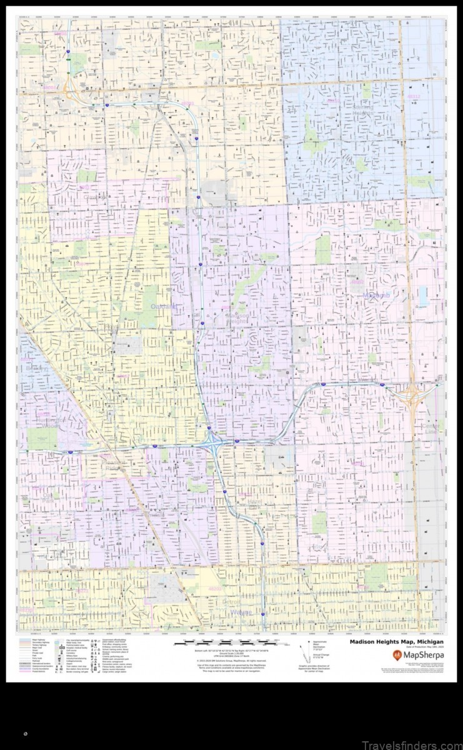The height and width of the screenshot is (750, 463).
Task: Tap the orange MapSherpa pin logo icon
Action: point(397,655)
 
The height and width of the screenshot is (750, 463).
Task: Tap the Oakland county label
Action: point(164,306)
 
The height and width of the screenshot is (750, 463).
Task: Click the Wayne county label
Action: point(241,612)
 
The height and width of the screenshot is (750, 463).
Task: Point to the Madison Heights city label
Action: point(237,318)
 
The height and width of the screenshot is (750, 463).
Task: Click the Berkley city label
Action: point(36,368)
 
